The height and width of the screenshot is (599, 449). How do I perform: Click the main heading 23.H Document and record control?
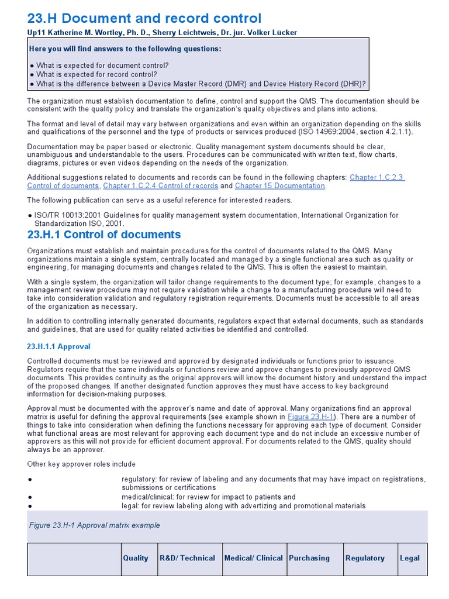(x=144, y=18)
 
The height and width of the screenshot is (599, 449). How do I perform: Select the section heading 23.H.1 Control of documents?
(x=104, y=235)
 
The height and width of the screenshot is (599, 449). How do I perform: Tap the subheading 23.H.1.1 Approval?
(x=59, y=347)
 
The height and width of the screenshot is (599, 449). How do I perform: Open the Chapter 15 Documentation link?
(x=279, y=185)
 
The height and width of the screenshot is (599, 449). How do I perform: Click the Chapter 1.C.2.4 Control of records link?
(x=160, y=185)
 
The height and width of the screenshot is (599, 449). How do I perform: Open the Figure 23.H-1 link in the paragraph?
(x=318, y=416)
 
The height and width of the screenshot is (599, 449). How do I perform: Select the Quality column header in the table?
(x=136, y=558)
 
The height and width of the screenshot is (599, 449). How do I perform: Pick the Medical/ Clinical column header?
(x=254, y=558)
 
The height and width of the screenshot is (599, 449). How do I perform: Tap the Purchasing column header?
(x=309, y=558)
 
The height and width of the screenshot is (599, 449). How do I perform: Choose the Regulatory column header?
(x=365, y=558)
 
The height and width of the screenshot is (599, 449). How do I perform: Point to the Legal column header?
(x=410, y=558)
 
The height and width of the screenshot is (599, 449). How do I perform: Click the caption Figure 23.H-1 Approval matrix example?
(x=94, y=525)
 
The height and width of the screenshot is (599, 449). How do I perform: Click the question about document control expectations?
(x=102, y=66)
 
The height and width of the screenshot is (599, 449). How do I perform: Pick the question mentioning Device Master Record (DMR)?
(x=201, y=84)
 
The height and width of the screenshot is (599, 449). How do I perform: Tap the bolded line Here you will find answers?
(x=125, y=49)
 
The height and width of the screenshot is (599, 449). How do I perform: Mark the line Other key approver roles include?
(x=81, y=464)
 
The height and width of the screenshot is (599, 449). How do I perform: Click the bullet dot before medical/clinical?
(x=29, y=497)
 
